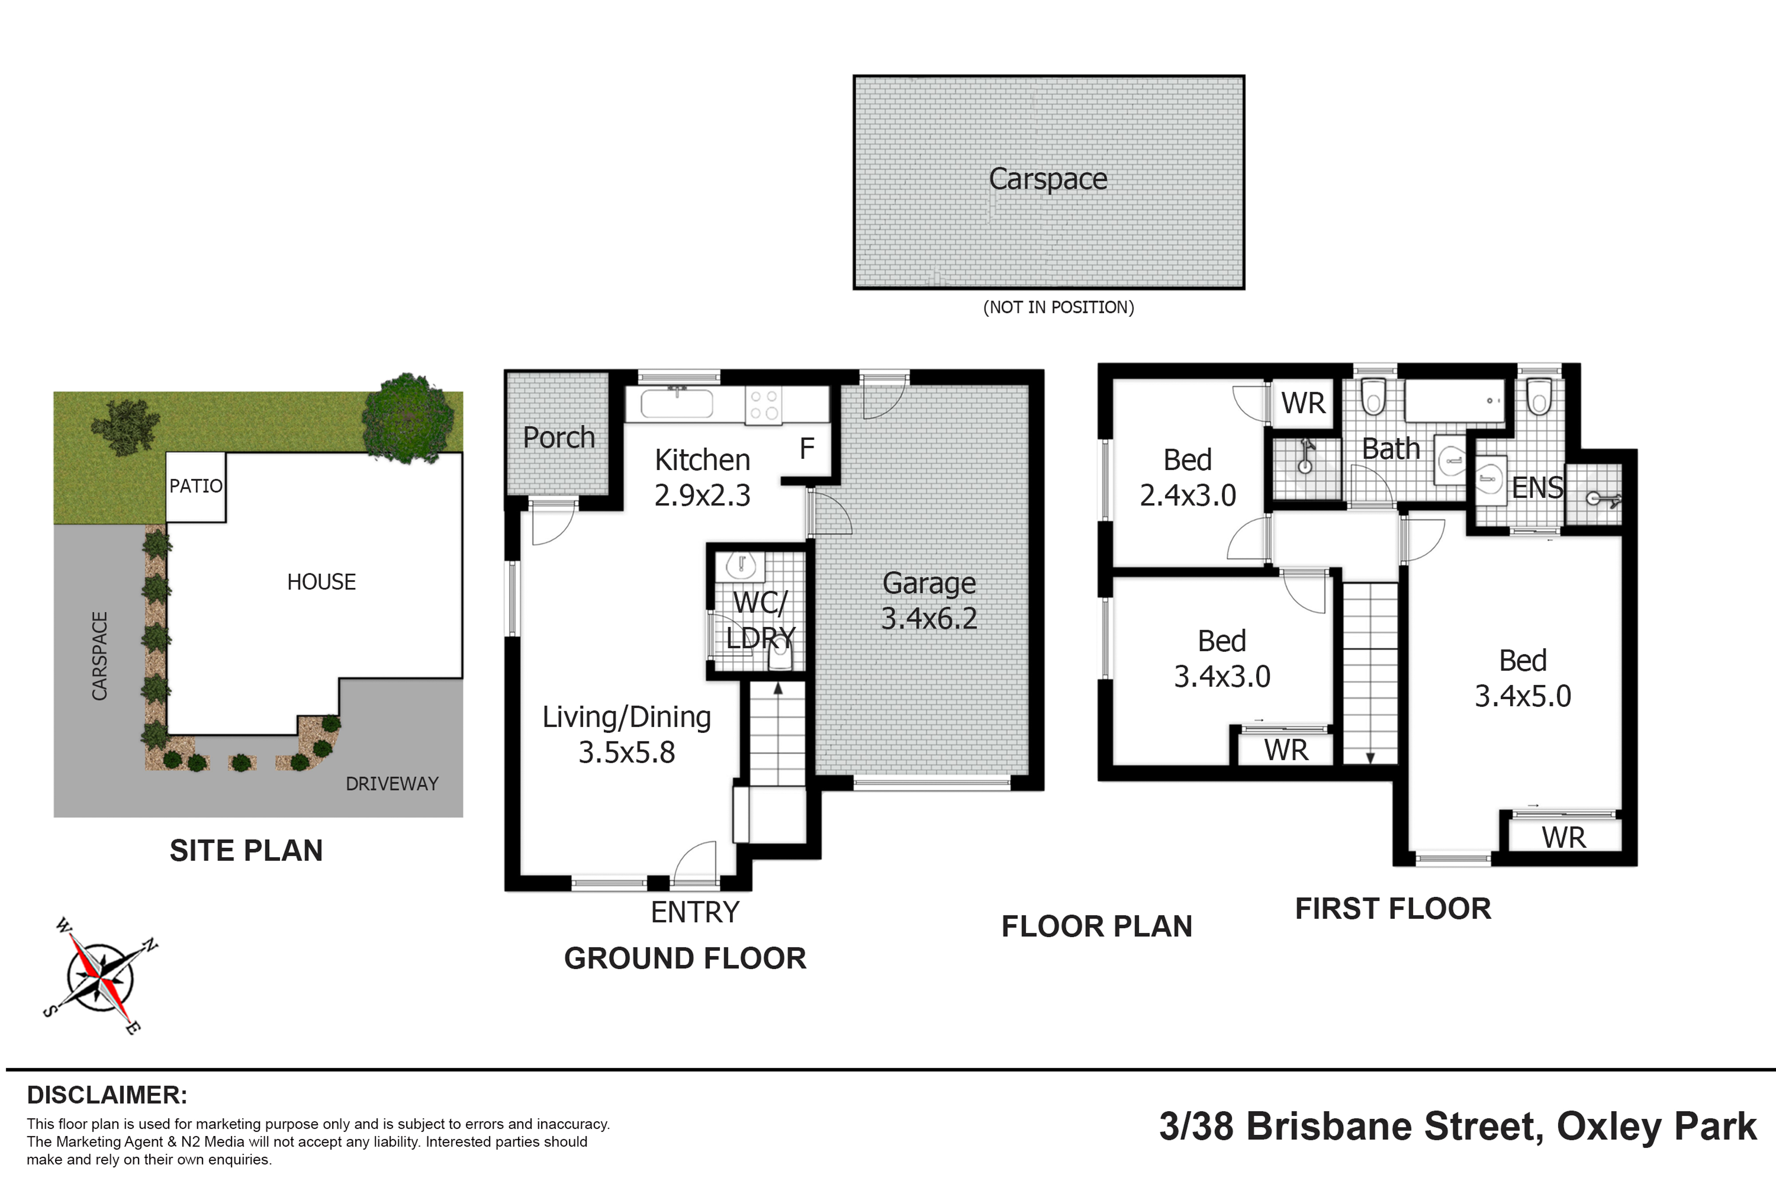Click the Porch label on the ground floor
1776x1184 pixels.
tap(559, 437)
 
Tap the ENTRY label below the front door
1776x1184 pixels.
tap(695, 912)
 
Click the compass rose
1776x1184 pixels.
tap(99, 976)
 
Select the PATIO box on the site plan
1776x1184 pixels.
tap(195, 486)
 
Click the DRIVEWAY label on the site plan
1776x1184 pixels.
tap(392, 784)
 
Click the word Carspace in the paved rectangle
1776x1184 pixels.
tap(1048, 179)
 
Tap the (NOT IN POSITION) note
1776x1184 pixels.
tap(1058, 307)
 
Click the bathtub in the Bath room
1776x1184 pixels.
tap(1455, 400)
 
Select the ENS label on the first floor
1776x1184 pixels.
tap(1538, 488)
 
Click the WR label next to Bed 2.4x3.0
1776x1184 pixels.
tap(1303, 403)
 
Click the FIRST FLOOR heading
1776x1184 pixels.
tap(1393, 908)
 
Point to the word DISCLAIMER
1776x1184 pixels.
tap(107, 1095)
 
